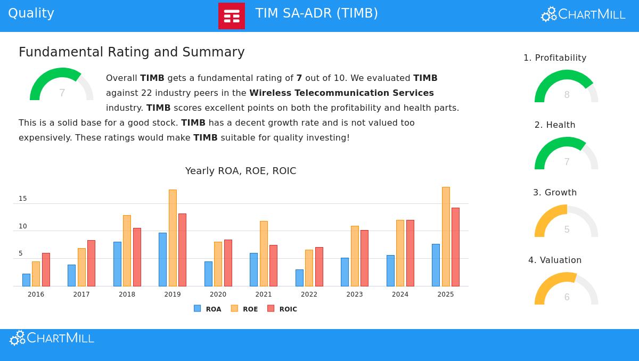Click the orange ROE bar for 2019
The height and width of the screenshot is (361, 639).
(x=173, y=238)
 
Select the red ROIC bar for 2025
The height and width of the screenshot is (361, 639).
(x=455, y=247)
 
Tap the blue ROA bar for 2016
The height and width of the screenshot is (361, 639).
(x=26, y=280)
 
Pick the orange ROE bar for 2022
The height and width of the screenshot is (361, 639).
(x=309, y=268)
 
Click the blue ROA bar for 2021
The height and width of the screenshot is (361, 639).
(x=253, y=269)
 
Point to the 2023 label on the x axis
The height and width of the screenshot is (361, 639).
(x=355, y=294)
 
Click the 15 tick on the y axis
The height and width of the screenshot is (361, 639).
(x=23, y=199)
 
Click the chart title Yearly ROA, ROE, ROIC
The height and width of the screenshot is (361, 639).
(x=241, y=171)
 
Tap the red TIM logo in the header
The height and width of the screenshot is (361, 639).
(x=232, y=16)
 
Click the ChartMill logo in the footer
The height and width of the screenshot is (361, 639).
(x=52, y=338)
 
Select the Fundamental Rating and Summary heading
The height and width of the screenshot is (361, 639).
(x=132, y=52)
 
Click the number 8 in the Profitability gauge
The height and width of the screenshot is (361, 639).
(x=567, y=95)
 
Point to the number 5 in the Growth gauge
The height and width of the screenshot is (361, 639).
(x=567, y=229)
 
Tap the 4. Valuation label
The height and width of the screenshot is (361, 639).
(x=555, y=260)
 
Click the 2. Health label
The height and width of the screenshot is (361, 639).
(x=555, y=125)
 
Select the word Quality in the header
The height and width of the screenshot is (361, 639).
(x=31, y=13)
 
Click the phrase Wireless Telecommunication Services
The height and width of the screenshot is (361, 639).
(x=341, y=93)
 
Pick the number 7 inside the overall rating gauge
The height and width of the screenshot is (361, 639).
(x=62, y=93)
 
